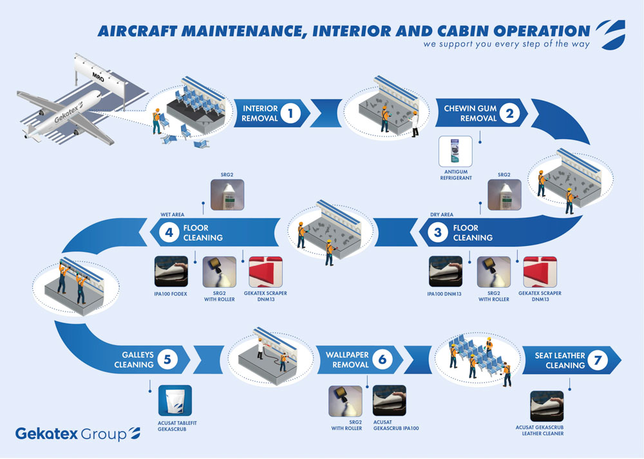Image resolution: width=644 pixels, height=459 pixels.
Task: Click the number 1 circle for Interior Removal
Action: [291, 113]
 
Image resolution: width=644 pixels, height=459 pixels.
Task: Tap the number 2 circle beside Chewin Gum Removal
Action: [509, 113]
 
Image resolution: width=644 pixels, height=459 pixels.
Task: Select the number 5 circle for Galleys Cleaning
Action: [167, 359]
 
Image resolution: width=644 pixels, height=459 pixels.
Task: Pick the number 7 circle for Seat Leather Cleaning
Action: [598, 360]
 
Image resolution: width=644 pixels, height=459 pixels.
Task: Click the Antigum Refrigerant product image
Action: [455, 151]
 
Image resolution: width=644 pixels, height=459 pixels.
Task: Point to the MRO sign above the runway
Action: [99, 77]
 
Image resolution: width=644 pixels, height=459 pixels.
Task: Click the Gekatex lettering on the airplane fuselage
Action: [68, 113]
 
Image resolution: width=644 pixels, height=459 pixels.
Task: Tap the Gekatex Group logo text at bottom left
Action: [78, 434]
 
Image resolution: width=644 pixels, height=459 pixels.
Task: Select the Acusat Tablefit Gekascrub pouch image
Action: [175, 400]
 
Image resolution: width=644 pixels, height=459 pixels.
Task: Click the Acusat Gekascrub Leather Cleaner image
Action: [547, 406]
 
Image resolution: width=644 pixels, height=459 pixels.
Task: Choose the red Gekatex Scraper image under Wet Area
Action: [266, 272]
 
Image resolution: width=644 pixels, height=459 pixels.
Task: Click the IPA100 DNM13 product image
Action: [446, 272]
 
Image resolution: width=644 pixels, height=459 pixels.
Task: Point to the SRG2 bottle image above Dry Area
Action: [504, 194]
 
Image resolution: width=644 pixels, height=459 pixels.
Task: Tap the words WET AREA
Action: [173, 214]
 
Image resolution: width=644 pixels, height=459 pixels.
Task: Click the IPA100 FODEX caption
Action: [171, 294]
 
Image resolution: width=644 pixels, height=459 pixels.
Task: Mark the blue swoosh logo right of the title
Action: [611, 35]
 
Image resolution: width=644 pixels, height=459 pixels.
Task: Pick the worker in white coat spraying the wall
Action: [260, 348]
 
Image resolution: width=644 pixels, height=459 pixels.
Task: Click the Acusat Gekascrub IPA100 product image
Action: [390, 400]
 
